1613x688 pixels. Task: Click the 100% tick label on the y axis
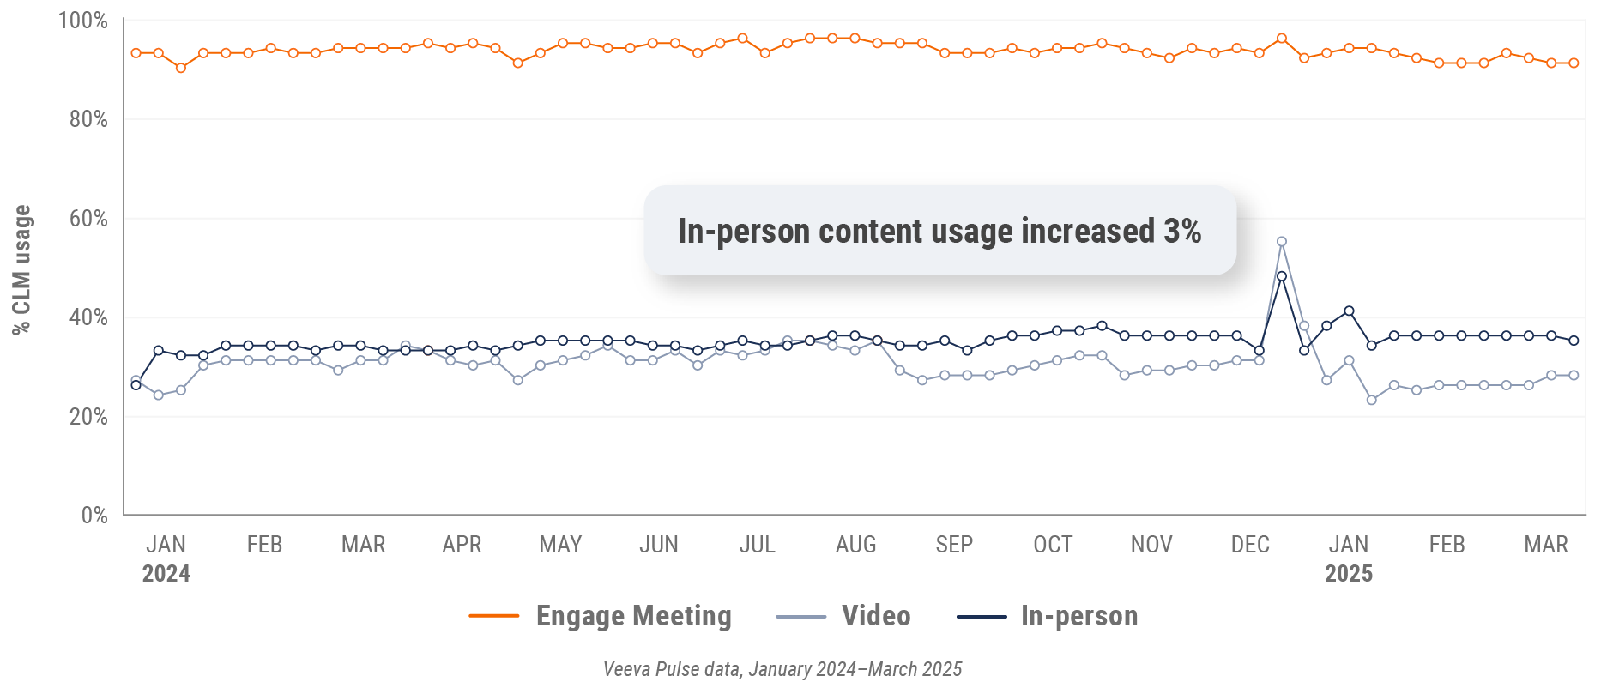click(82, 21)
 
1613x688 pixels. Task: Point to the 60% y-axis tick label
click(88, 219)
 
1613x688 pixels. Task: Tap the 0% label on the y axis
click(94, 516)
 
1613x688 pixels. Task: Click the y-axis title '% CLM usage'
click(21, 269)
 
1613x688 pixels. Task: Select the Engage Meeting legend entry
click(601, 616)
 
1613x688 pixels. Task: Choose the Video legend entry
click(843, 616)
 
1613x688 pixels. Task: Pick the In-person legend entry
click(1048, 616)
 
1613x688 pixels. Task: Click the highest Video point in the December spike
click(1282, 242)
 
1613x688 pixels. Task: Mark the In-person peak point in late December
click(1282, 276)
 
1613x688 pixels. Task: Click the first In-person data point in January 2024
click(136, 385)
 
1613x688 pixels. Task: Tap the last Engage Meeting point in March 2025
click(1574, 63)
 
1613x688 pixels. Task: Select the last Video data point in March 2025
click(1574, 376)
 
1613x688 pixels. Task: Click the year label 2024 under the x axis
click(166, 574)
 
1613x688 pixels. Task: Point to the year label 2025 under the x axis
click(1348, 574)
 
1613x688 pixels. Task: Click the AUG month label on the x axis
click(855, 545)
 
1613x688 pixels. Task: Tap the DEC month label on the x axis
click(1250, 545)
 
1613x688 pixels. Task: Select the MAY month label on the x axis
click(560, 545)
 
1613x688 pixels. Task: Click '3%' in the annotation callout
click(1182, 231)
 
